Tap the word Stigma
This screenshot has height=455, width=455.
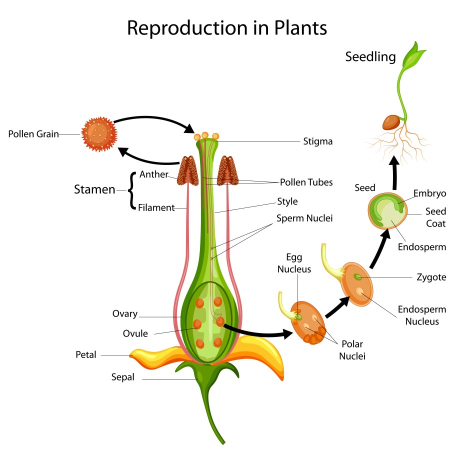317,141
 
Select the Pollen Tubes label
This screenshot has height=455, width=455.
306,182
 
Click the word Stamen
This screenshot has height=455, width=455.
94,189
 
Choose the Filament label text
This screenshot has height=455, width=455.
156,207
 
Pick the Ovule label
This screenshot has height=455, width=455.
135,333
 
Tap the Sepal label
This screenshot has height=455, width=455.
122,377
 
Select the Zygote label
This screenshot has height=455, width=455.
431,277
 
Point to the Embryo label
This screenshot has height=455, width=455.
430,193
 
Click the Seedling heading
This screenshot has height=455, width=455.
370,57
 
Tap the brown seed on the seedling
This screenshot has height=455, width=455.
391,121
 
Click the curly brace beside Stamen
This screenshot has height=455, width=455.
131,190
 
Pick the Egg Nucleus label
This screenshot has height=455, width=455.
298,263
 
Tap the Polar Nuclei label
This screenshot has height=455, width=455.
352,350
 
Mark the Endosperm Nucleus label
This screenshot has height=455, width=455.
421,315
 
